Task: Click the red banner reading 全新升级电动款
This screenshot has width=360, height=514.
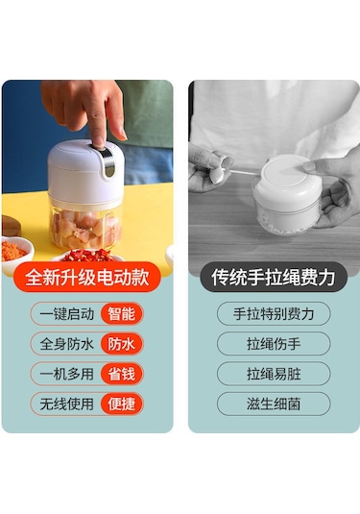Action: click(x=87, y=277)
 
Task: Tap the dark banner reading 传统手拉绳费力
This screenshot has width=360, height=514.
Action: click(x=274, y=277)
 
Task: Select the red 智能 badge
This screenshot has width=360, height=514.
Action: click(x=122, y=314)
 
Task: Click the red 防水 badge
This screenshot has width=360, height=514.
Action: click(x=122, y=344)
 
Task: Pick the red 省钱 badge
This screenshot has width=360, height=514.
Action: click(x=122, y=374)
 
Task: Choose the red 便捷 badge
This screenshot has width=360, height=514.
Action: click(x=122, y=404)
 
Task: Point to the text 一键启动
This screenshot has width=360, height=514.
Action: click(x=67, y=314)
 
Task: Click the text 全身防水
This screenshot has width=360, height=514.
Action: click(x=67, y=344)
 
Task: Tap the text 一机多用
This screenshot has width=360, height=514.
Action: click(x=67, y=374)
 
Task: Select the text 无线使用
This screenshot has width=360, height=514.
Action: click(x=67, y=404)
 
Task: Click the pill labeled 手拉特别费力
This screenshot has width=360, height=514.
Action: click(x=274, y=314)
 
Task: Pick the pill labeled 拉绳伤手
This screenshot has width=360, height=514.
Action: click(x=274, y=344)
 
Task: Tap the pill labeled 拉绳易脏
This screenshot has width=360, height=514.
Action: click(x=274, y=374)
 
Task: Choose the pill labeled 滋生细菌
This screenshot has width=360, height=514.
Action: click(x=274, y=404)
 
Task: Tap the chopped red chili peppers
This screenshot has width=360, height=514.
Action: click(x=87, y=255)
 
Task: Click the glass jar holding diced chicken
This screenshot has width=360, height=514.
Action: click(x=85, y=226)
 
